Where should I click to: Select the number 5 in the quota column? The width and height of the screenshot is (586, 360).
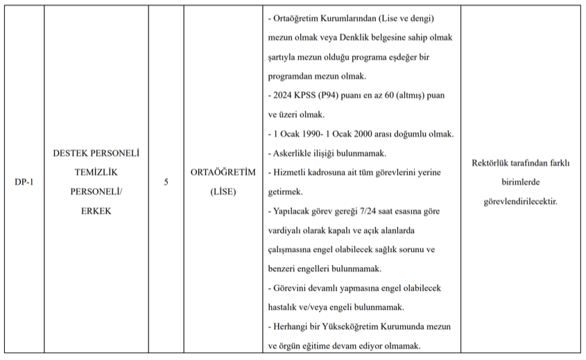[x=166, y=182]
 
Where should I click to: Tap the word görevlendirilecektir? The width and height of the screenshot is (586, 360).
[x=520, y=201]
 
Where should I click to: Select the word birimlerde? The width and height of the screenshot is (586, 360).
[x=519, y=182]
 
